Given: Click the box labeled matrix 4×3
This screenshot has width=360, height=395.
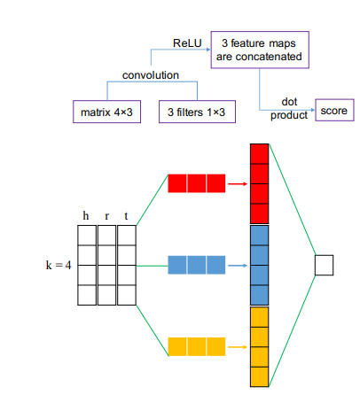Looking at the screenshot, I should pyautogui.click(x=106, y=113).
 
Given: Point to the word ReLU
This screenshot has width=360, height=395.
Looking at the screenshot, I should pyautogui.click(x=187, y=43).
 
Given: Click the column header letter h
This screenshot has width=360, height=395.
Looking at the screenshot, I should pyautogui.click(x=85, y=214).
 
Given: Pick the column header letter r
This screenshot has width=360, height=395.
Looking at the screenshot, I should pyautogui.click(x=106, y=214).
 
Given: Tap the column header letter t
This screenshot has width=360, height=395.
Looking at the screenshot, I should pyautogui.click(x=128, y=214).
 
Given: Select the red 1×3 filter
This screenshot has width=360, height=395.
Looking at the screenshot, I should pyautogui.click(x=196, y=184).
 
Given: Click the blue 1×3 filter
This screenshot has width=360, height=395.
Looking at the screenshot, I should pyautogui.click(x=196, y=264).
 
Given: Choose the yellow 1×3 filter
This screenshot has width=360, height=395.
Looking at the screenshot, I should pyautogui.click(x=196, y=344).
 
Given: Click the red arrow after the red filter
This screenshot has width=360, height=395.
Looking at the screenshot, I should pyautogui.click(x=236, y=184).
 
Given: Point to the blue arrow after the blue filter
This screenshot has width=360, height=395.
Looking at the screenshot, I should pyautogui.click(x=236, y=264).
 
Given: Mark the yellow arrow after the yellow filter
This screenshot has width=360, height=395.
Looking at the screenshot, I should pyautogui.click(x=236, y=344).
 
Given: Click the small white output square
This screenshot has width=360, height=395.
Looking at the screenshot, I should pyautogui.click(x=323, y=264).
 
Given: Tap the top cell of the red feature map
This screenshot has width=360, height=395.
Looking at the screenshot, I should pyautogui.click(x=258, y=154).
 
